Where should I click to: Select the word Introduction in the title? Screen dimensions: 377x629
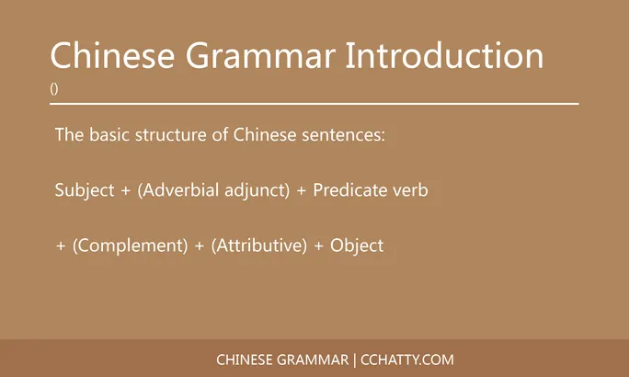445,56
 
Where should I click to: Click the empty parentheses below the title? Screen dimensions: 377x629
54,90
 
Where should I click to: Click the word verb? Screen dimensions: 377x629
410,191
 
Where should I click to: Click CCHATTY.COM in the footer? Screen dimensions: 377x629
407,360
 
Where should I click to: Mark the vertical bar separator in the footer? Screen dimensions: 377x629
355,360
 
